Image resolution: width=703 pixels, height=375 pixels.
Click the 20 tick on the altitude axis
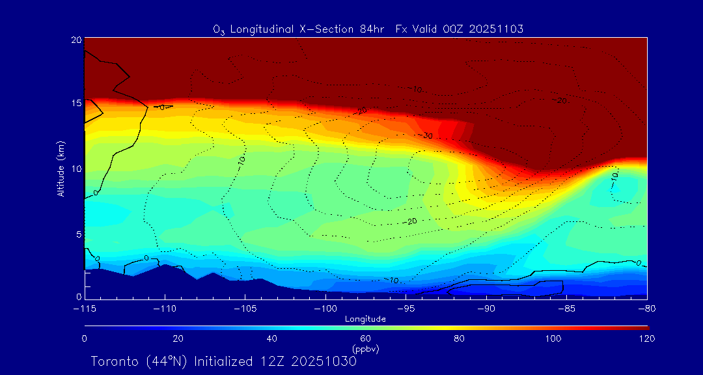pyautogui.click(x=76, y=40)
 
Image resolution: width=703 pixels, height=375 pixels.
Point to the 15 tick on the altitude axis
pyautogui.click(x=76, y=104)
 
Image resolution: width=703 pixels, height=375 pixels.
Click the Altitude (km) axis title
pyautogui.click(x=61, y=169)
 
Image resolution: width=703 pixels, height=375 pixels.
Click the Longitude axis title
pyautogui.click(x=366, y=319)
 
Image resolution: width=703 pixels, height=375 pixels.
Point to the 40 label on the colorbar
pyautogui.click(x=272, y=339)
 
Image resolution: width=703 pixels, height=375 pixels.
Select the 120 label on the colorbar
pyautogui.click(x=647, y=339)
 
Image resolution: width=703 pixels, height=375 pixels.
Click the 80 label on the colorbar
pyautogui.click(x=460, y=339)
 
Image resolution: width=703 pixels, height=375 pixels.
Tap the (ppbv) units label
pyautogui.click(x=366, y=349)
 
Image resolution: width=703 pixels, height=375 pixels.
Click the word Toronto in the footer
pyautogui.click(x=114, y=361)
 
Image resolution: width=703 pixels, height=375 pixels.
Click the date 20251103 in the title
pyautogui.click(x=496, y=29)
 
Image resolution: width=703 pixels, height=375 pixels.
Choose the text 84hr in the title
pyautogui.click(x=374, y=29)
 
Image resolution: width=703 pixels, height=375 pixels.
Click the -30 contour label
pyautogui.click(x=427, y=136)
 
